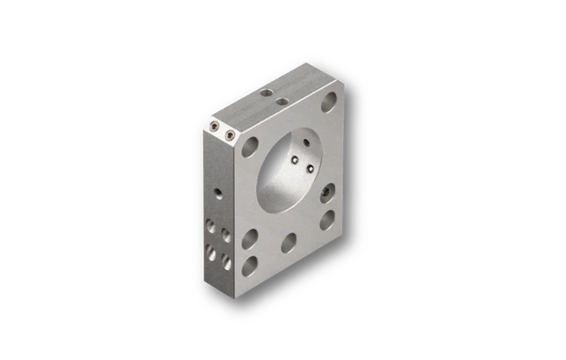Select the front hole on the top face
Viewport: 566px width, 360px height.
280,102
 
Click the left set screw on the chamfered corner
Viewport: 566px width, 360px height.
214,129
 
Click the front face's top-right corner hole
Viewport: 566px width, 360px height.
329,102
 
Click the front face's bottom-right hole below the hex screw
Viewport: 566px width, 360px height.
327,219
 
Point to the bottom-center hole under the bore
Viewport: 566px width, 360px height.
289,242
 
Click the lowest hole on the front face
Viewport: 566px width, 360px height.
250,265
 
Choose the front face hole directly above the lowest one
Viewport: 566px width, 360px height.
250,239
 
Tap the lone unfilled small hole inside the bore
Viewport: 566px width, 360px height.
306,143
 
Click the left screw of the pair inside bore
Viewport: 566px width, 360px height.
295,161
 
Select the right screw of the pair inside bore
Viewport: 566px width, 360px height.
310,169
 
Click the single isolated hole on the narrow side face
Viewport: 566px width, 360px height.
219,193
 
